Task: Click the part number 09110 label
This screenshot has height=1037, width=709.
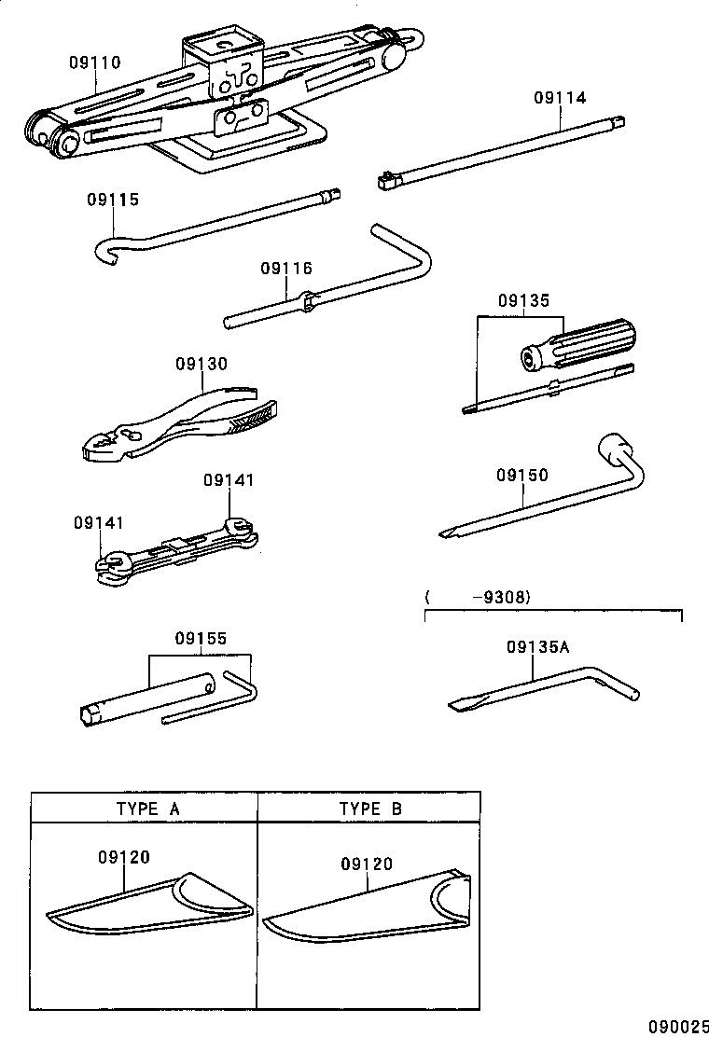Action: point(94,63)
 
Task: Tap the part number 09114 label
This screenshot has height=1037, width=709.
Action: point(560,97)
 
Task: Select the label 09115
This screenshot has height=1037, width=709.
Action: point(113,200)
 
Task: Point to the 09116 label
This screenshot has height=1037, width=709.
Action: point(286,269)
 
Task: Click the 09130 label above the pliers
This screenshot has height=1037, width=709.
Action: point(201,364)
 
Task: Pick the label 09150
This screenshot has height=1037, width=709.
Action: point(522,476)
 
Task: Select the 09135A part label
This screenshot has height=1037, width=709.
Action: point(537,646)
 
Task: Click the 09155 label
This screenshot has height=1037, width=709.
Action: point(201,639)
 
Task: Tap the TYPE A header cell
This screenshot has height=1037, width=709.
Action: point(144,809)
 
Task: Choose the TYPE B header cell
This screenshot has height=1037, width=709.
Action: point(369,809)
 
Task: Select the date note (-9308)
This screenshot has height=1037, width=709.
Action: point(477,598)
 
